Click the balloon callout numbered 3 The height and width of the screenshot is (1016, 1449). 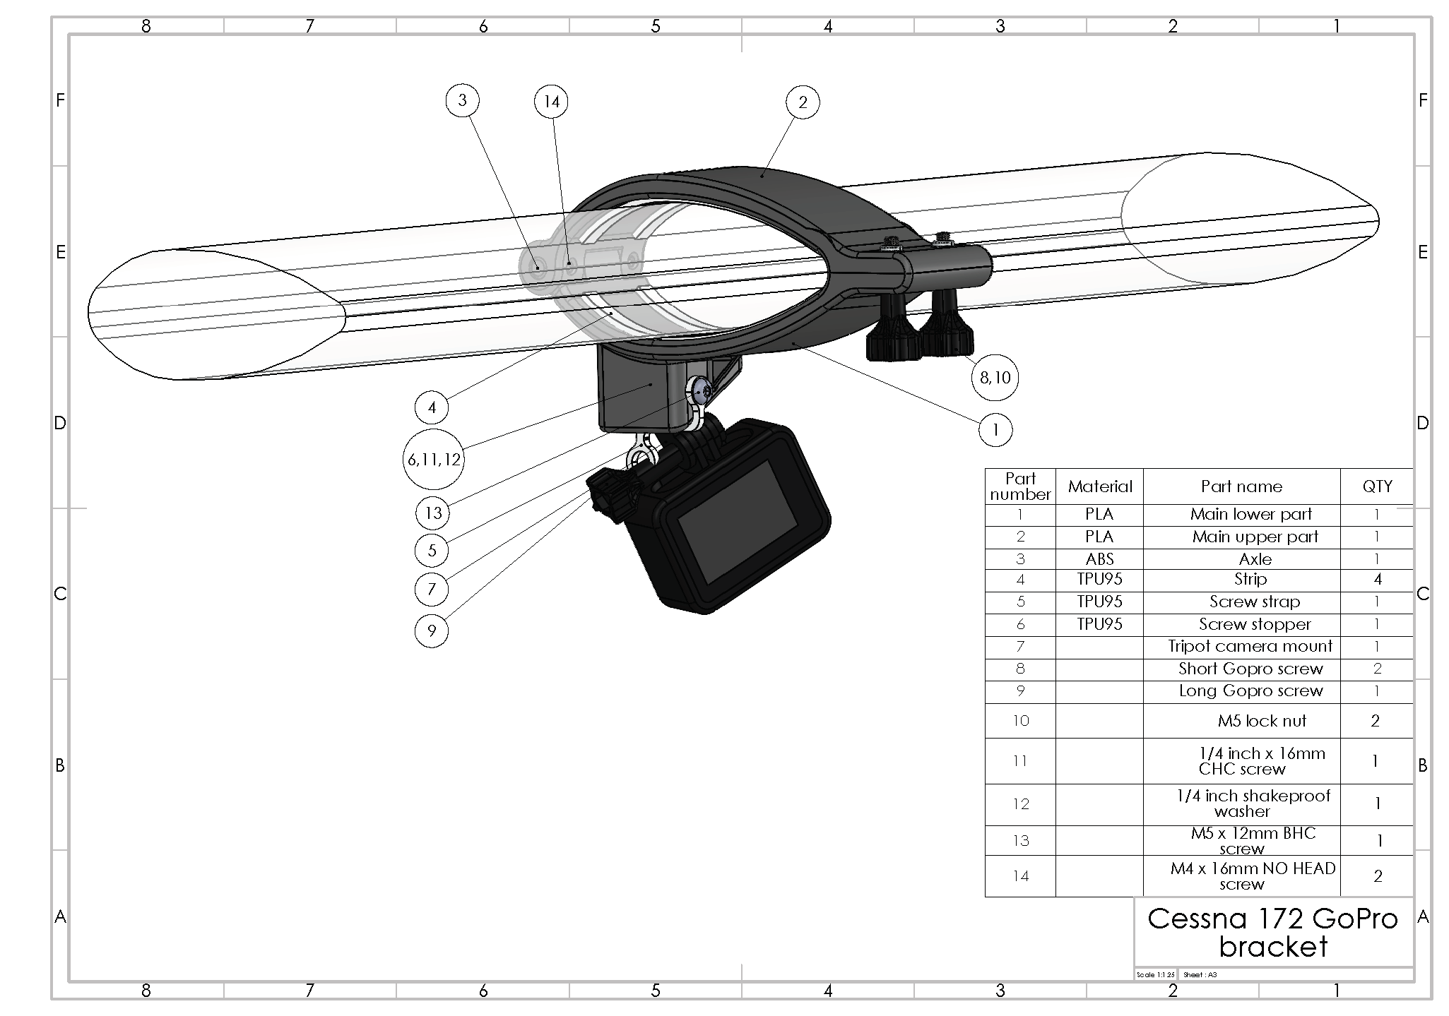click(462, 100)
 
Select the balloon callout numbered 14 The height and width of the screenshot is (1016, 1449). click(551, 102)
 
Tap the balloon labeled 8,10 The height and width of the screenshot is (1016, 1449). click(995, 378)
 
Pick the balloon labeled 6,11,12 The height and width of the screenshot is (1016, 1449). click(434, 460)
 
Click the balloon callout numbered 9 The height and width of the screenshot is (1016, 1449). click(432, 630)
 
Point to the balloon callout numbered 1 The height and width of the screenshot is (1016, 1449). click(995, 429)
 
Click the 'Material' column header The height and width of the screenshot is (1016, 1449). click(1099, 486)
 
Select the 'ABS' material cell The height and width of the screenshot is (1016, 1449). click(1099, 559)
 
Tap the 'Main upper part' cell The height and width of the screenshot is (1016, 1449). click(1255, 537)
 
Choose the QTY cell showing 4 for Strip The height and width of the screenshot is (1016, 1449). click(1377, 580)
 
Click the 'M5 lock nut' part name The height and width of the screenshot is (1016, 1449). click(1262, 721)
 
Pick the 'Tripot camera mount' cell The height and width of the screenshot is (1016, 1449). click(1250, 646)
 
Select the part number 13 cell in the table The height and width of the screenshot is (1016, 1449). click(1020, 841)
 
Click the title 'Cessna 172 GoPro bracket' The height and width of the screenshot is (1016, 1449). click(1273, 932)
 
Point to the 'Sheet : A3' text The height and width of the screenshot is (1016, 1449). click(1200, 975)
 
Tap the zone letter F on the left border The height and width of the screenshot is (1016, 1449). click(60, 100)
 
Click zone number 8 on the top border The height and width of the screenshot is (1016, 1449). click(146, 26)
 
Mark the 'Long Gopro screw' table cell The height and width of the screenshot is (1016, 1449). click(1250, 691)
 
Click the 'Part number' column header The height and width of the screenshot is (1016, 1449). click(1020, 486)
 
